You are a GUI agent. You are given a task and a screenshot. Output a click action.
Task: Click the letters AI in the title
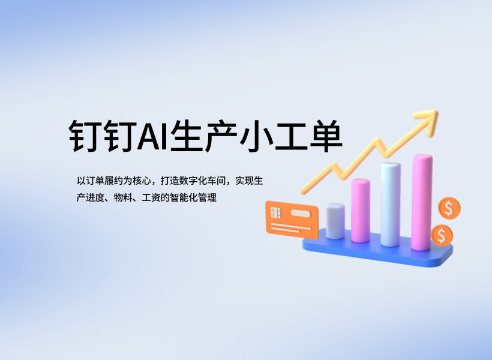[x=153, y=136]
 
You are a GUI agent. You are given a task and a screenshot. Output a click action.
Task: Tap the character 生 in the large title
[x=187, y=136]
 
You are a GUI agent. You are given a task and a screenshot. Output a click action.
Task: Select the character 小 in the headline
[x=256, y=136]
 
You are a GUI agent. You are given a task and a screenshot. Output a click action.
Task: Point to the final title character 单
[x=326, y=136]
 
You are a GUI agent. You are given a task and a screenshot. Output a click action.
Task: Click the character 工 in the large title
[x=291, y=137]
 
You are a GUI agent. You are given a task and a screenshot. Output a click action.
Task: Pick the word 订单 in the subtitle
[x=94, y=181]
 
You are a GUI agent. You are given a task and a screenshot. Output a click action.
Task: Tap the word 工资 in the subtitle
[x=151, y=198]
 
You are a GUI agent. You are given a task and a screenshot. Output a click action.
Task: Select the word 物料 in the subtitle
[x=123, y=198]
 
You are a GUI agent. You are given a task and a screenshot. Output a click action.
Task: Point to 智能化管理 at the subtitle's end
[x=193, y=198]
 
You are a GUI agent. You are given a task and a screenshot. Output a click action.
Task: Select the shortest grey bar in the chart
[x=335, y=221]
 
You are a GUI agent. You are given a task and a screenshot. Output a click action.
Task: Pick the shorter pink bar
[x=360, y=211]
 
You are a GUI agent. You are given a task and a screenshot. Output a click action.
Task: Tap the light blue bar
[x=391, y=205]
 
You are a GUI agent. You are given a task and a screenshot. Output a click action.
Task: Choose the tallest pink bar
[x=422, y=202]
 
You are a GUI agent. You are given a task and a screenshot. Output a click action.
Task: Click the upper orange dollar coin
[x=449, y=208]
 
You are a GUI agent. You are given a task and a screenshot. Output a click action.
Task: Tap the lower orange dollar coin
[x=442, y=235]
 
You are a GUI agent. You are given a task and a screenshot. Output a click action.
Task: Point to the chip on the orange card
[x=275, y=212]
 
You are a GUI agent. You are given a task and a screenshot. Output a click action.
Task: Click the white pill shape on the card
[x=301, y=214]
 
